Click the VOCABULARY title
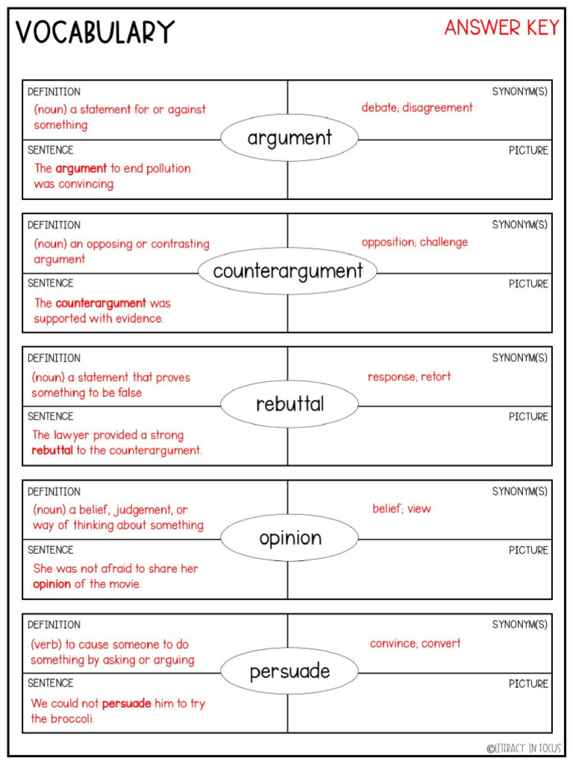[95, 32]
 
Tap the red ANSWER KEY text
[501, 28]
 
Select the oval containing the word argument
[289, 138]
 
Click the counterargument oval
[287, 271]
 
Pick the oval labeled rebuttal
[289, 404]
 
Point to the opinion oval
[289, 538]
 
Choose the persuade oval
[289, 671]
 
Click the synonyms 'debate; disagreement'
[417, 107]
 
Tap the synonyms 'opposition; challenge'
[415, 242]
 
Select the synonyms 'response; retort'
[409, 377]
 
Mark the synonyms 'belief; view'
[401, 509]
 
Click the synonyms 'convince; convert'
[415, 643]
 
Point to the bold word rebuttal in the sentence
[52, 451]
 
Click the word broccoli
[72, 719]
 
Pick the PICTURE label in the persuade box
[528, 683]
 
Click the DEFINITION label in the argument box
[54, 92]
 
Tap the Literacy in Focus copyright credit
[524, 748]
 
